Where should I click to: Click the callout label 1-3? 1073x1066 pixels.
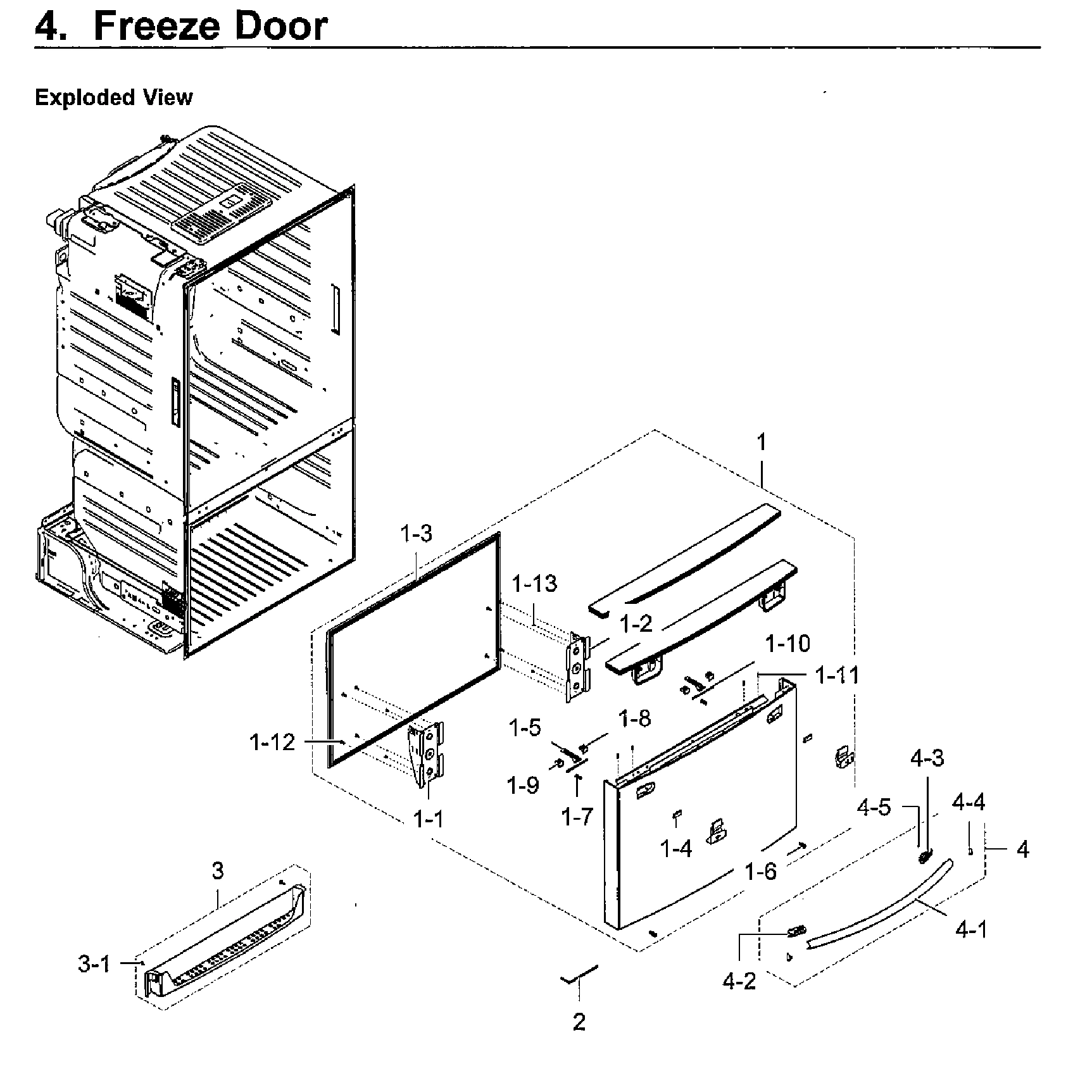click(416, 533)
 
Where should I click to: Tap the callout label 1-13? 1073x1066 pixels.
click(534, 583)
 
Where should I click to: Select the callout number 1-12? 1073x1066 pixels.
click(272, 742)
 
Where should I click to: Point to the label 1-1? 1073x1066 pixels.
click(429, 820)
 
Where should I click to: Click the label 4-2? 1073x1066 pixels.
click(739, 981)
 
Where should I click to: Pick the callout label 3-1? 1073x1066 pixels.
click(94, 964)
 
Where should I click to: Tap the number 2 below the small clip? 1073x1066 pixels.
click(579, 1022)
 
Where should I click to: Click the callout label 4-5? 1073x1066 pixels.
click(874, 807)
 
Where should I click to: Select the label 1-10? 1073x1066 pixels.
click(787, 644)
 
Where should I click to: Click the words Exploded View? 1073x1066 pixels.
click(114, 97)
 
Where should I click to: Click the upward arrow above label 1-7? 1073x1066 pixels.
click(577, 784)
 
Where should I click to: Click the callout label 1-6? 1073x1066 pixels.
click(760, 872)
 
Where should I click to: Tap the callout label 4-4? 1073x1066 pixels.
click(969, 803)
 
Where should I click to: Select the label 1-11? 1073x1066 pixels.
click(838, 675)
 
